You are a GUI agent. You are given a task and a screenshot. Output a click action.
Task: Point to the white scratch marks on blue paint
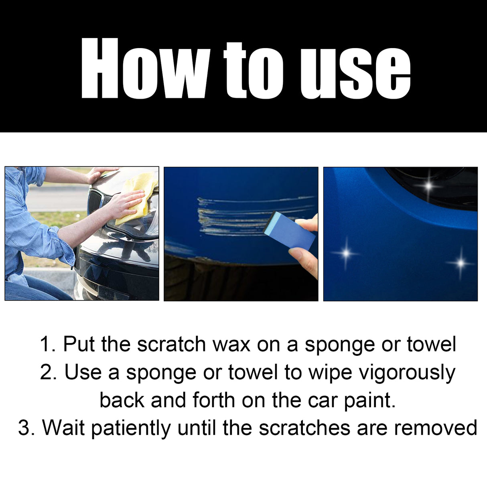tap(233, 217)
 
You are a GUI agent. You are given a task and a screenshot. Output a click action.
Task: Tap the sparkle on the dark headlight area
tap(429, 186)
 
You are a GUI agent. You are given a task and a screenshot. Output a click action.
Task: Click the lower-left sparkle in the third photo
tap(346, 253)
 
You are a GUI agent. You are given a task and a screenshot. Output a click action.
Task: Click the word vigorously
tap(407, 373)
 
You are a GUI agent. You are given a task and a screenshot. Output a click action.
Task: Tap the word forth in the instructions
tap(213, 400)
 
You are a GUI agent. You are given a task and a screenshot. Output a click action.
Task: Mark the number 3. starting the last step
tap(26, 428)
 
